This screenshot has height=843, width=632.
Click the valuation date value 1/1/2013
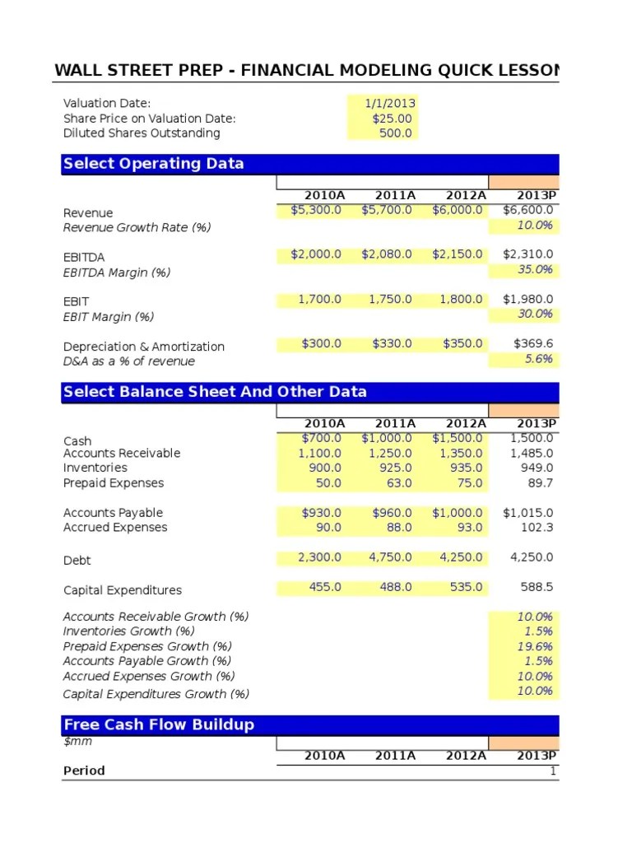pyautogui.click(x=391, y=103)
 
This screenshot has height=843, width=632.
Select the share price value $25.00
pyautogui.click(x=392, y=118)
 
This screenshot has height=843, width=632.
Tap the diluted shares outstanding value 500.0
pyautogui.click(x=395, y=133)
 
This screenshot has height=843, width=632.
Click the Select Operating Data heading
pyautogui.click(x=153, y=163)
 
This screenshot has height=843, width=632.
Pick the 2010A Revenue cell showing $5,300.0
pyautogui.click(x=316, y=210)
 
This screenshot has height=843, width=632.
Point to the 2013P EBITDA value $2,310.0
pyautogui.click(x=528, y=254)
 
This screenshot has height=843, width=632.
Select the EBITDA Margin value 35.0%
pyautogui.click(x=535, y=269)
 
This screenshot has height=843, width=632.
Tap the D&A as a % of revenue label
pyautogui.click(x=129, y=361)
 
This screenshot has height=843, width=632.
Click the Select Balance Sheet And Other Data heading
pyautogui.click(x=215, y=392)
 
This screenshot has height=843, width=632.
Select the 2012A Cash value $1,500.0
pyautogui.click(x=458, y=438)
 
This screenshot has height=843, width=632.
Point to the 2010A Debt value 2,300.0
pyautogui.click(x=319, y=557)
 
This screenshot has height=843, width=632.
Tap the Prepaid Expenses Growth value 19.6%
pyautogui.click(x=535, y=646)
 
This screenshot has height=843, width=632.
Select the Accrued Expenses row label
pyautogui.click(x=115, y=528)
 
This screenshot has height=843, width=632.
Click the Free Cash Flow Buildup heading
pyautogui.click(x=159, y=724)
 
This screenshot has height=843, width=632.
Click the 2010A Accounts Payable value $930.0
pyautogui.click(x=321, y=513)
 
